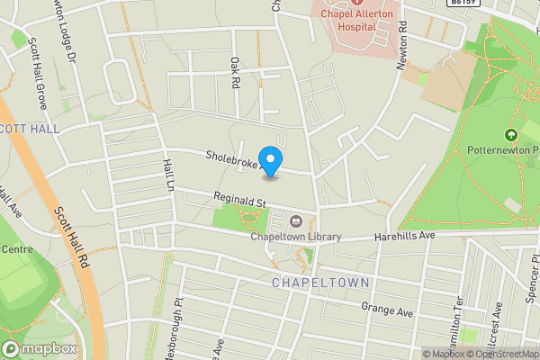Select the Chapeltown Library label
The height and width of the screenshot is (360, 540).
point(296,237)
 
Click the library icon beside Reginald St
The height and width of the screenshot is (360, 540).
point(296,220)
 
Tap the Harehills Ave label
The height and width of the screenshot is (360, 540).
point(405,235)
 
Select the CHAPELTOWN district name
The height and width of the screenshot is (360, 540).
point(320,283)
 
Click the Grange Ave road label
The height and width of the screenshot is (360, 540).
point(386,311)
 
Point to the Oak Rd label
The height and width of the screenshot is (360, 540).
point(236,72)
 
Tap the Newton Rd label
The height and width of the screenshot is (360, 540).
point(402,49)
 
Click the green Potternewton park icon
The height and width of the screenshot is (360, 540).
point(511,135)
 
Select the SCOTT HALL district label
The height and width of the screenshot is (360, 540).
point(30,129)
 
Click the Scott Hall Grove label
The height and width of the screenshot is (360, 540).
point(37,74)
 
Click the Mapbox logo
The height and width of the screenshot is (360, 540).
point(40,349)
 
